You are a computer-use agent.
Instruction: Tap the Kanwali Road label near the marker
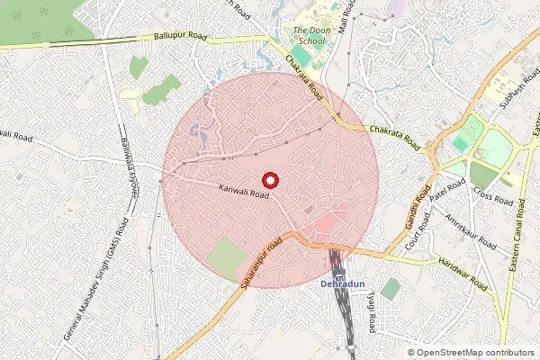tap(243, 191)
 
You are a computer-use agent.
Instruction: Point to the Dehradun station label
tap(342, 284)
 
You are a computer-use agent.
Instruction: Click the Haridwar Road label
tap(463, 273)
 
